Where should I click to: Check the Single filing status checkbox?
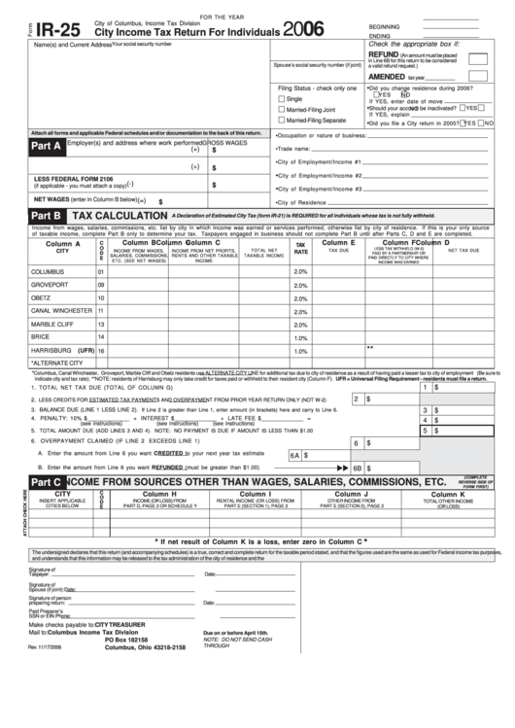tap(282, 99)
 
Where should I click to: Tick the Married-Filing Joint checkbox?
tap(282, 110)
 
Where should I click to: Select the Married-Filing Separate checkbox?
tap(282, 121)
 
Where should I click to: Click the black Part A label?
tap(48, 147)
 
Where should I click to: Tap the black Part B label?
tap(48, 216)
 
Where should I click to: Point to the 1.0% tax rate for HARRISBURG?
tap(300, 350)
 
